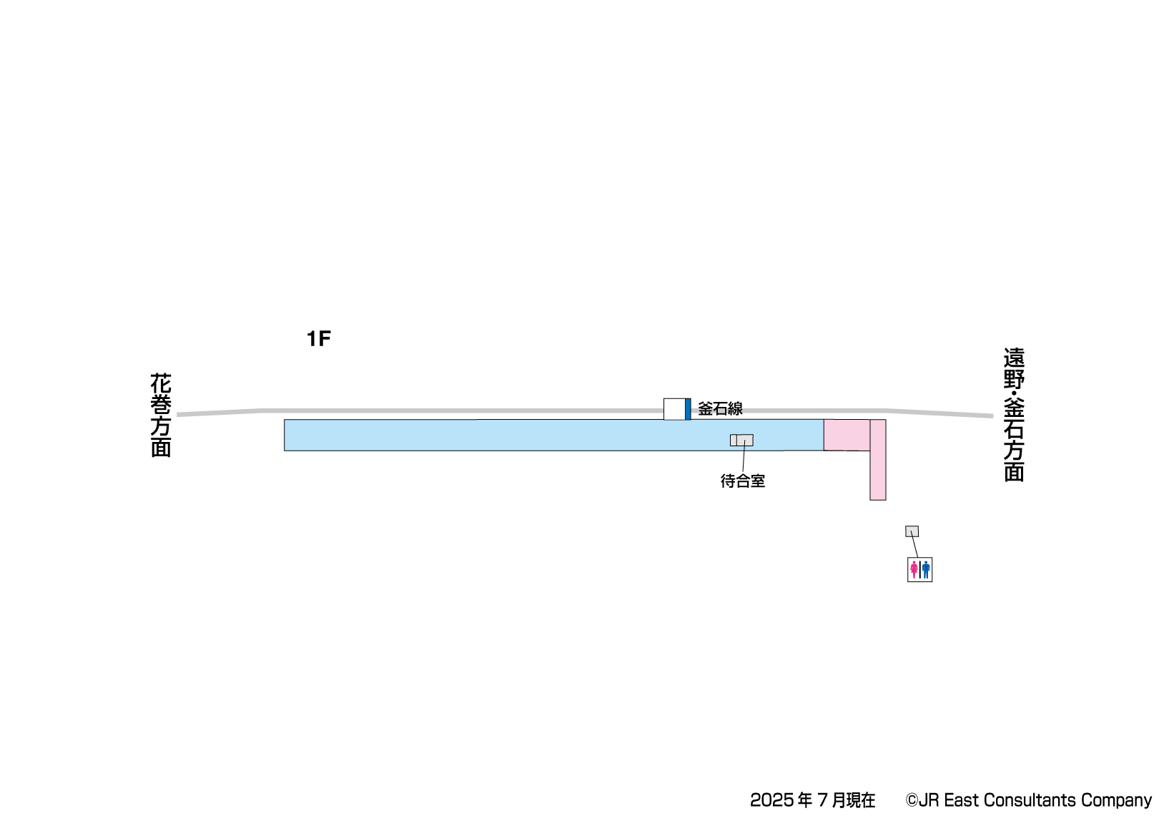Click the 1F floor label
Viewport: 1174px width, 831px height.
coord(319,339)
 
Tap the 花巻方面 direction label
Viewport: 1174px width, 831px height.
coord(161,415)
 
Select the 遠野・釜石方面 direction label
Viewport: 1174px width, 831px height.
coord(1014,415)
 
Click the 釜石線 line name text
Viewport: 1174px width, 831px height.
coord(720,409)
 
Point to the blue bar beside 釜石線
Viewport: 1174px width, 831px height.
coord(688,409)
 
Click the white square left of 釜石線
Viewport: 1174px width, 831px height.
coord(674,409)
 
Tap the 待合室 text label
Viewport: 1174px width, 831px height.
coord(743,481)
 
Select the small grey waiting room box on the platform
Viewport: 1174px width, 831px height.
coord(741,440)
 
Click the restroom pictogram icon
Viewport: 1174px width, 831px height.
coord(919,569)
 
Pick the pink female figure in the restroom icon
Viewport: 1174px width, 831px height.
coord(914,570)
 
